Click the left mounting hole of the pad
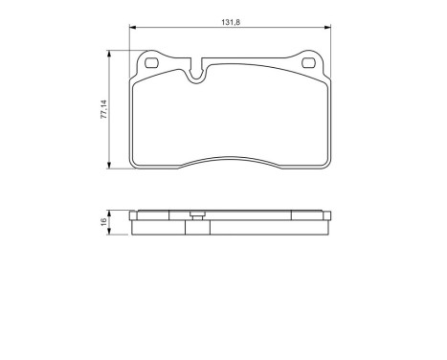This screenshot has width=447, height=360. pyautogui.click(x=151, y=65)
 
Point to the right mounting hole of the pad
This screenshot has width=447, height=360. pyautogui.click(x=308, y=65)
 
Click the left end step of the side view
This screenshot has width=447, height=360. pyautogui.click(x=134, y=218)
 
